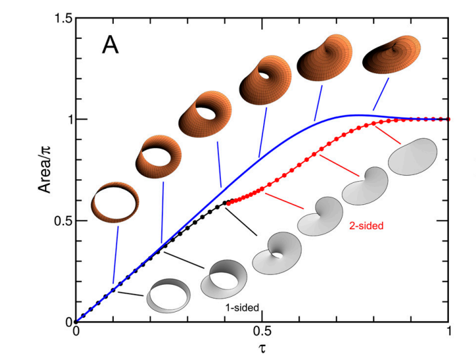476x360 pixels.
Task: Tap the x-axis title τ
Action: click(262, 347)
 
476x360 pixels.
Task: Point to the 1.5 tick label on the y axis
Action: click(58, 18)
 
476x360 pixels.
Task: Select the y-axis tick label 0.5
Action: click(58, 221)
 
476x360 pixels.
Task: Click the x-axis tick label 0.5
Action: click(262, 334)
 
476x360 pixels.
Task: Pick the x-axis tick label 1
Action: click(450, 334)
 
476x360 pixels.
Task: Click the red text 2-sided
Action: click(366, 226)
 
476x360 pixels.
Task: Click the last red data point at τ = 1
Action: click(449, 119)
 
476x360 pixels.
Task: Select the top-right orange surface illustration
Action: click(389, 55)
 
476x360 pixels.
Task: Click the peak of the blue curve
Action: click(357, 115)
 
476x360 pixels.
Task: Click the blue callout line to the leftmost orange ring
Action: click(116, 254)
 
